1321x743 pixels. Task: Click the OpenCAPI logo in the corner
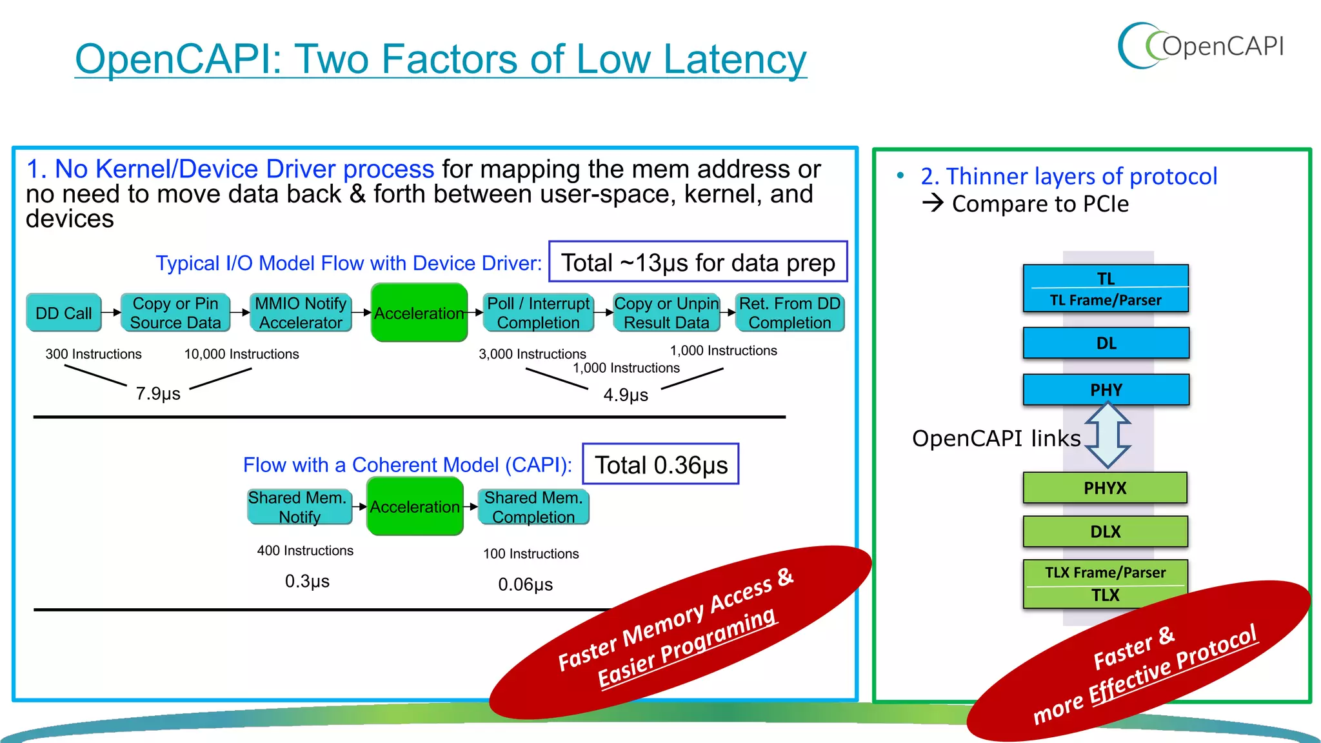(1200, 46)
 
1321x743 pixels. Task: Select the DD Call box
(63, 313)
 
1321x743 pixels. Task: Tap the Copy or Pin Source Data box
(175, 313)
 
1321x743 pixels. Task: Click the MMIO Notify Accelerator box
(301, 313)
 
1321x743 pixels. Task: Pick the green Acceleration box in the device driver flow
(419, 313)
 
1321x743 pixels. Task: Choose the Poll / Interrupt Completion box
(538, 313)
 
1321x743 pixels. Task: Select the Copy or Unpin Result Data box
(666, 313)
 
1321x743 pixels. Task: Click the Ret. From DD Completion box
(790, 313)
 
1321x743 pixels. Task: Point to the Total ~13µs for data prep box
(698, 263)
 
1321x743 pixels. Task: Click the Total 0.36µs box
(660, 464)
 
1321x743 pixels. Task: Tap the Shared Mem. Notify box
(299, 508)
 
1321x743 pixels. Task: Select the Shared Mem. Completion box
(533, 508)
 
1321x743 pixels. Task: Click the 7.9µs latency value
(158, 393)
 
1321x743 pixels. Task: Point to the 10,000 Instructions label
(241, 354)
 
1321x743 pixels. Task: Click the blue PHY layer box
(1106, 390)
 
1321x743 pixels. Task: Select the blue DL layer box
(1106, 343)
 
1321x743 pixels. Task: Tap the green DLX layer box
(1105, 532)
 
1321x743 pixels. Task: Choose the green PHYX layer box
(1105, 488)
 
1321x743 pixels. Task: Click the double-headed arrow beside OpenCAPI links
(1107, 435)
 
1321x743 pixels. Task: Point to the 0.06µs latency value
(525, 584)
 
